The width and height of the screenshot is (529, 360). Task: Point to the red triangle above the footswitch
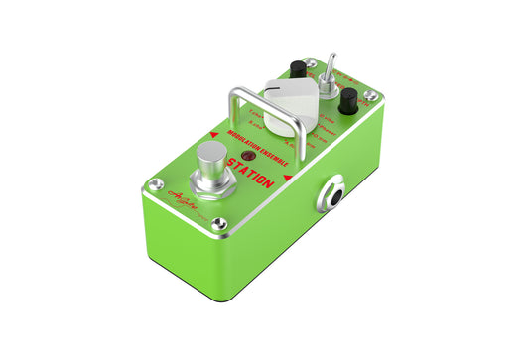213,134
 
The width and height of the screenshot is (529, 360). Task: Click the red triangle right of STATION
288,178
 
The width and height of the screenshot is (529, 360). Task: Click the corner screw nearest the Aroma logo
155,185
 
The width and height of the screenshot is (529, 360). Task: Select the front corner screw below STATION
219,224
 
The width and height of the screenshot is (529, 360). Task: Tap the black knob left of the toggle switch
296,69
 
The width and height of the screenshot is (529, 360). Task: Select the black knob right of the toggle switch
348,101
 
